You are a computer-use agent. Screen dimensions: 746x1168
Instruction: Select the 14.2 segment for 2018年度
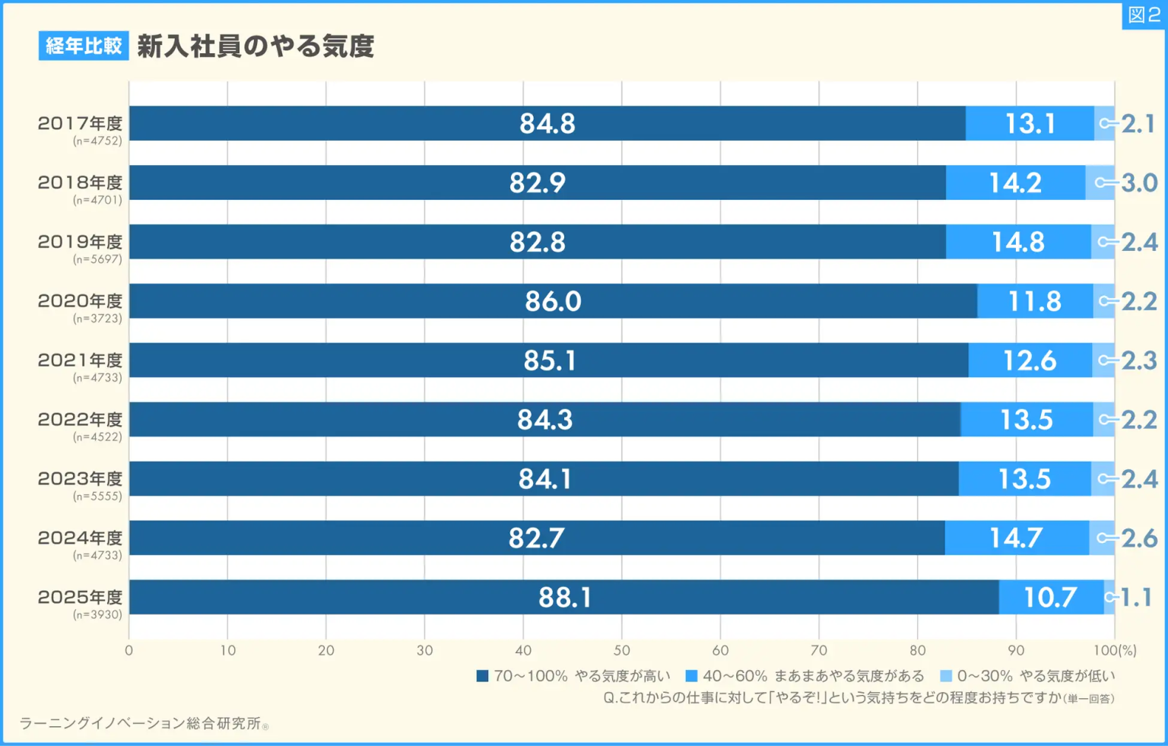pyautogui.click(x=1015, y=183)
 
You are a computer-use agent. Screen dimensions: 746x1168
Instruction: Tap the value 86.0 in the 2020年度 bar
pyautogui.click(x=553, y=301)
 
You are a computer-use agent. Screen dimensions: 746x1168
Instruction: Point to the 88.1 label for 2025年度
pyautogui.click(x=564, y=598)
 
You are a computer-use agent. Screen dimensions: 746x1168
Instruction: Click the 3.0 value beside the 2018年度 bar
pyautogui.click(x=1139, y=183)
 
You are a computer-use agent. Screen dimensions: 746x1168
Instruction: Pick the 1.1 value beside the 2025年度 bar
pyautogui.click(x=1137, y=598)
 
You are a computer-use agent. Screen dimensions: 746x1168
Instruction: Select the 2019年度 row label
pyautogui.click(x=80, y=242)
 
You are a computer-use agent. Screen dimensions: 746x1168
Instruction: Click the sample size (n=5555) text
pyautogui.click(x=97, y=496)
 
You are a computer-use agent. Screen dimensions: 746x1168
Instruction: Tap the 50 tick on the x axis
pyautogui.click(x=621, y=650)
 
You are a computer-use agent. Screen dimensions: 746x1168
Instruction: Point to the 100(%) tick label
pyautogui.click(x=1115, y=650)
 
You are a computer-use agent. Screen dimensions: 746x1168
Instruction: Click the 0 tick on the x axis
pyautogui.click(x=129, y=650)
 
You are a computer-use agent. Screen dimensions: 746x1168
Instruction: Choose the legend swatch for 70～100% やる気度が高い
pyautogui.click(x=482, y=676)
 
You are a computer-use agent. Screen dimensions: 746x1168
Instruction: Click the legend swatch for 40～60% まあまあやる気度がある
pyautogui.click(x=691, y=676)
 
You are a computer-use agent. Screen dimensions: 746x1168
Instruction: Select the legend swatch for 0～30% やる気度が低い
pyautogui.click(x=946, y=676)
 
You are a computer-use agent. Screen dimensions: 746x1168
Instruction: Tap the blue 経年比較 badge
pyautogui.click(x=84, y=46)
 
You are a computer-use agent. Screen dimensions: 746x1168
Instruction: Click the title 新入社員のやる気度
pyautogui.click(x=255, y=46)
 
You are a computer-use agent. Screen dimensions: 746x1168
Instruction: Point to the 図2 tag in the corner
pyautogui.click(x=1144, y=15)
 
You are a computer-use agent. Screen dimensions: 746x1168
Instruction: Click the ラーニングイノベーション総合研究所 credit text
pyautogui.click(x=141, y=723)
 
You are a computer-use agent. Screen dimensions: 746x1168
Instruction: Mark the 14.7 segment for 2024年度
pyautogui.click(x=1015, y=538)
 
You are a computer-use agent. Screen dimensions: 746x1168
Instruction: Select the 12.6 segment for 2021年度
pyautogui.click(x=1030, y=360)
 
